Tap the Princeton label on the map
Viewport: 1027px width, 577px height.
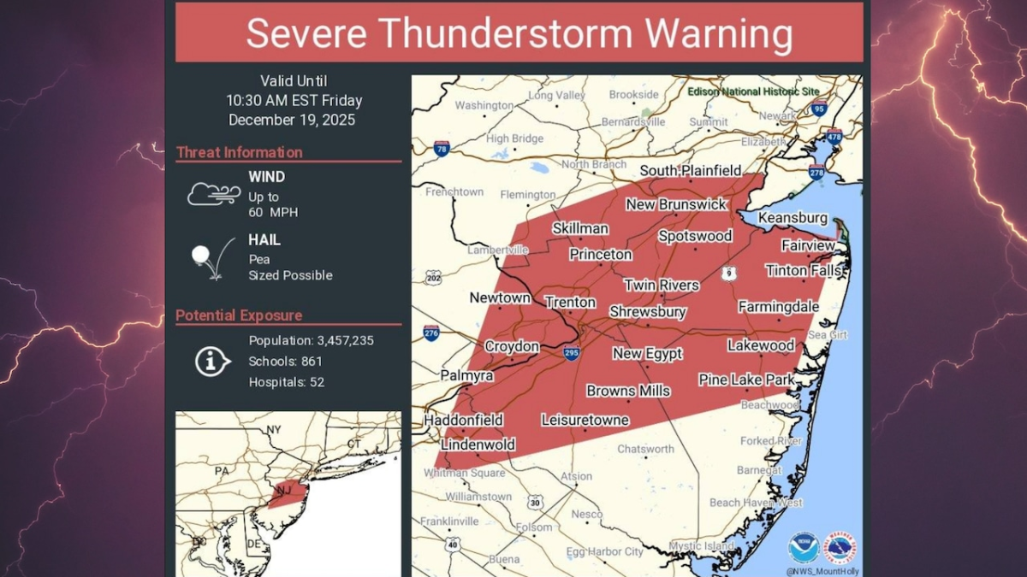tap(601, 255)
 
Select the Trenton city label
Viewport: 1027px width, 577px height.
tap(570, 303)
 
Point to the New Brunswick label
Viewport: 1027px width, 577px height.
tap(676, 204)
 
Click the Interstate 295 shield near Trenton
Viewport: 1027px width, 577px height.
tap(571, 352)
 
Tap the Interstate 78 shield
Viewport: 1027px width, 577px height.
tap(441, 148)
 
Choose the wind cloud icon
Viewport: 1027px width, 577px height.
tap(212, 194)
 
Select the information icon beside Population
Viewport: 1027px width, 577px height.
tap(211, 362)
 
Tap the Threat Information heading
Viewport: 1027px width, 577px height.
tap(239, 153)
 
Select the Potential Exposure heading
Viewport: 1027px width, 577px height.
tap(239, 316)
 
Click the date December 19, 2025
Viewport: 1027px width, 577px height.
tap(292, 121)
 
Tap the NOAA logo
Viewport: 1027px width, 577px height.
tap(803, 546)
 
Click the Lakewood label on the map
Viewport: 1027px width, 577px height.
tap(761, 345)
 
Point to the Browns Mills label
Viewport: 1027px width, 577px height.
tap(628, 392)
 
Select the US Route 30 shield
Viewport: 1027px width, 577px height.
tap(535, 503)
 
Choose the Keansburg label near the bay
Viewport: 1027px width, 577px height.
tap(793, 218)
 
